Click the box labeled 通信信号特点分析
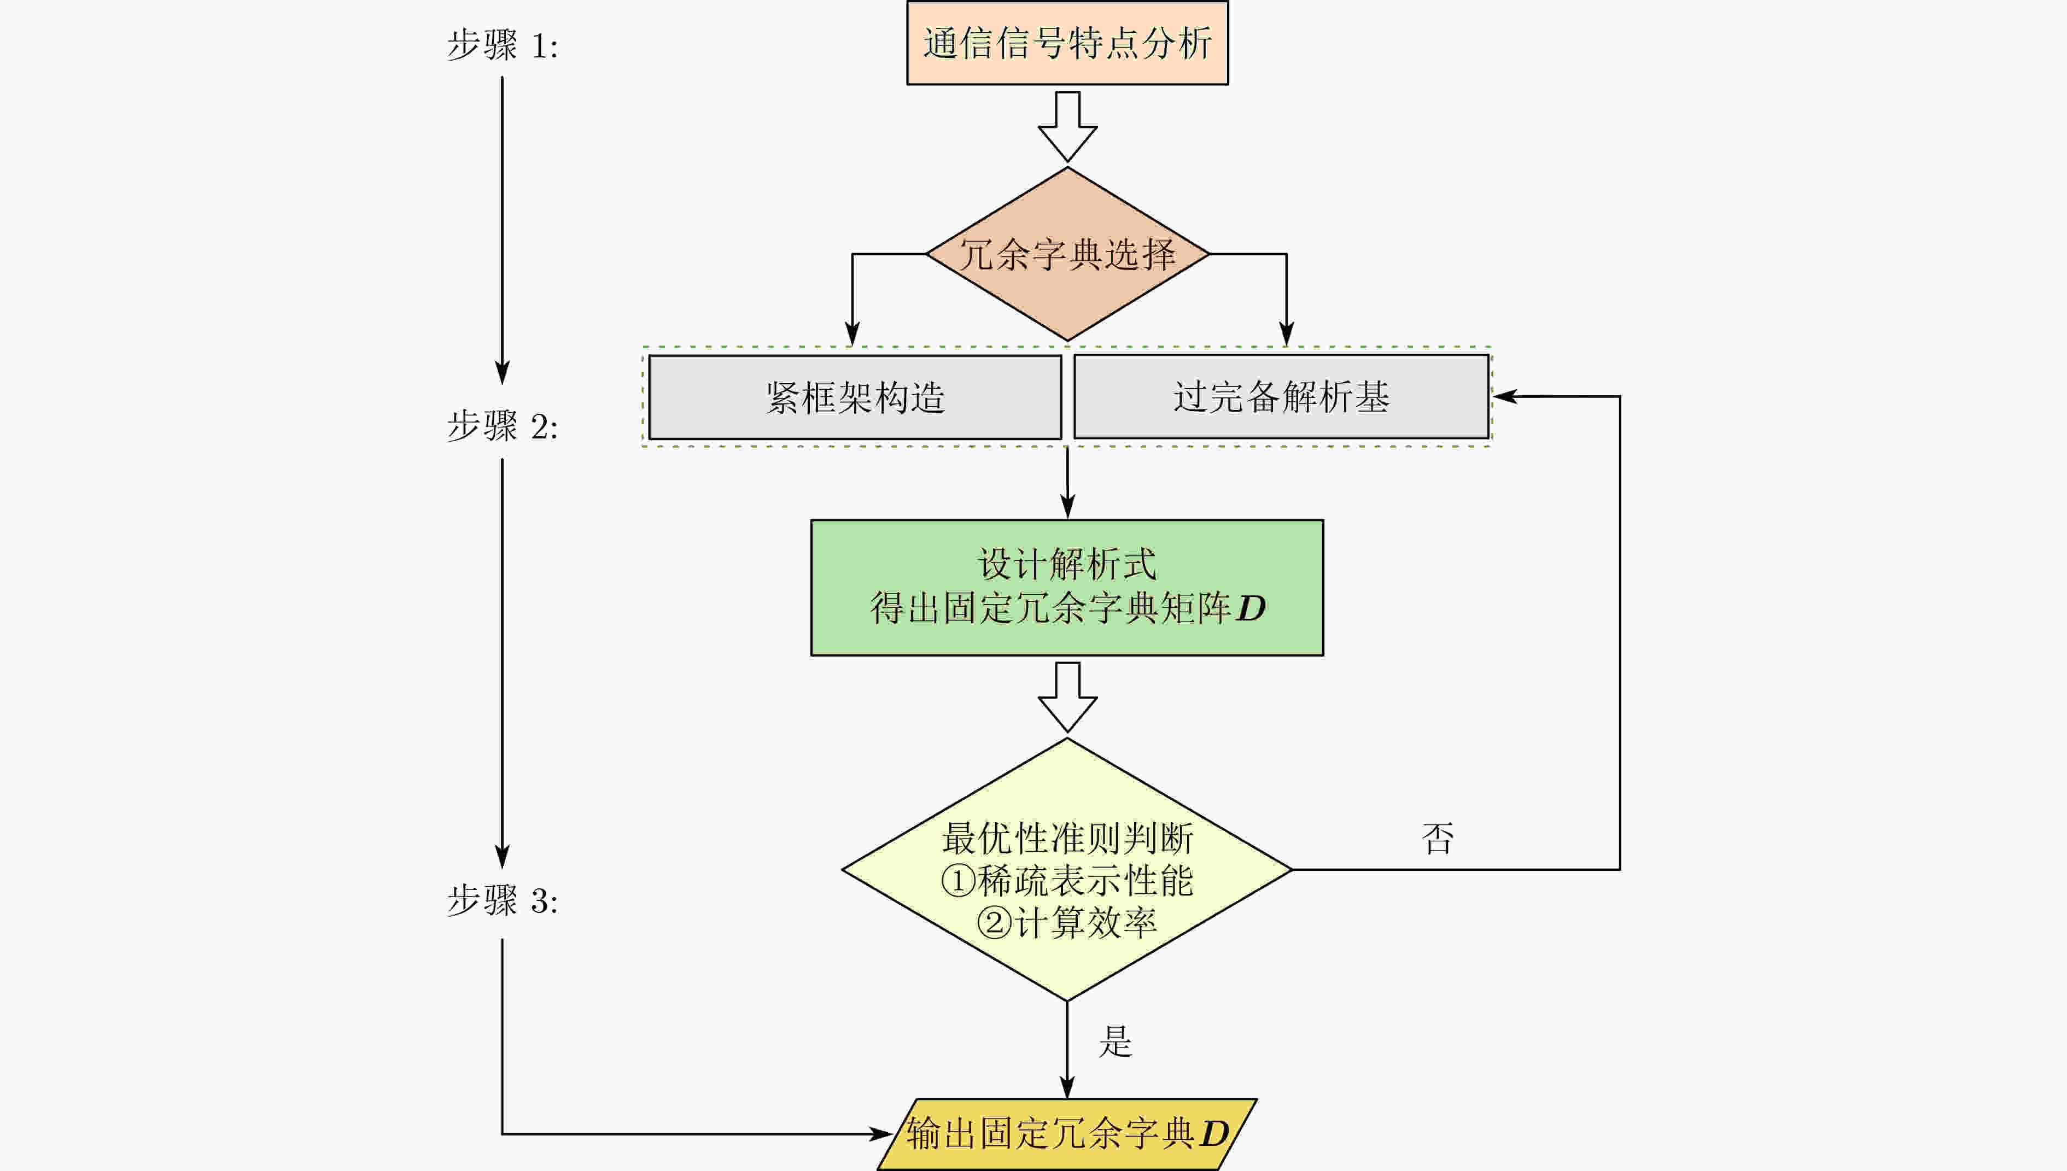click(1067, 43)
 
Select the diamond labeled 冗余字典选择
click(1067, 254)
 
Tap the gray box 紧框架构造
click(855, 397)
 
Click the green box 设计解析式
click(1067, 587)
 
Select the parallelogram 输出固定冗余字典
click(1067, 1134)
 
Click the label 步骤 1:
click(502, 45)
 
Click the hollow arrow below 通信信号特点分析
click(1067, 127)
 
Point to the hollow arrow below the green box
click(1067, 697)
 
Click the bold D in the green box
click(1251, 609)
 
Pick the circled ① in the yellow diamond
click(958, 881)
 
